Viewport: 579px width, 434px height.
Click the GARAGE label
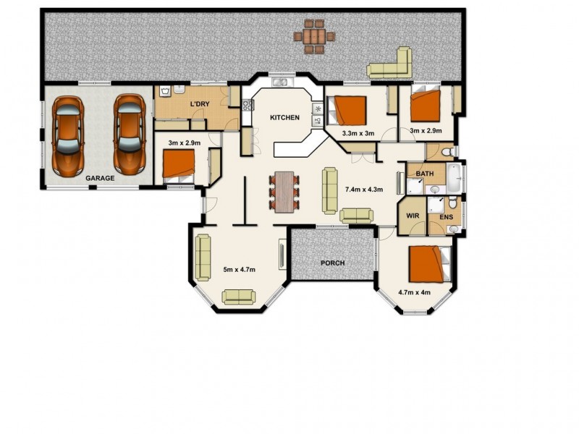tap(100, 178)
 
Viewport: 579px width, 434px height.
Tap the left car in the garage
tap(67, 136)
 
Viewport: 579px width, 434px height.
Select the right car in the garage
tap(129, 135)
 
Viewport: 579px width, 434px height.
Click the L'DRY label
tap(200, 104)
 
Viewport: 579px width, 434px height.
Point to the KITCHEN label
tap(284, 117)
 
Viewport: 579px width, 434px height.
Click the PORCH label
tap(332, 263)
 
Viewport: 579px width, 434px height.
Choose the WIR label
tap(413, 216)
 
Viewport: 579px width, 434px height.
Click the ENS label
tap(446, 216)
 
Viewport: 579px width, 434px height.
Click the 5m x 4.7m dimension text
tap(239, 270)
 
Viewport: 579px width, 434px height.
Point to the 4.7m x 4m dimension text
tap(414, 293)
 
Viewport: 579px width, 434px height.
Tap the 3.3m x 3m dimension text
tap(358, 133)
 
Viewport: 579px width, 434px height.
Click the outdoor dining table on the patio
tap(314, 36)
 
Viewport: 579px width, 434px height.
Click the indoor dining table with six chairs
tap(284, 191)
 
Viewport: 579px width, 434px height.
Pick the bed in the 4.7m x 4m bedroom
tap(428, 264)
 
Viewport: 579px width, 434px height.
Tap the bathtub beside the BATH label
tap(454, 177)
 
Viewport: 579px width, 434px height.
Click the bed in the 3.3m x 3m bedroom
tap(348, 111)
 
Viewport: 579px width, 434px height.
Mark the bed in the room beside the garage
tap(178, 166)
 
